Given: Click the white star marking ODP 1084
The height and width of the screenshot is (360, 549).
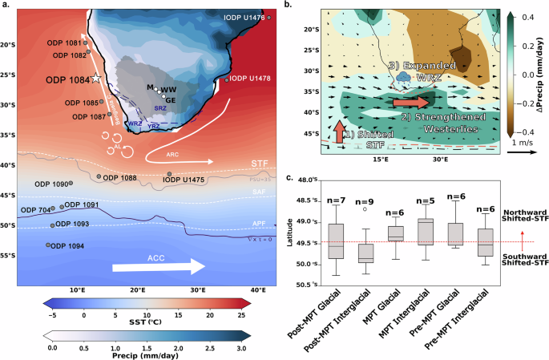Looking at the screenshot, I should click(x=95, y=78).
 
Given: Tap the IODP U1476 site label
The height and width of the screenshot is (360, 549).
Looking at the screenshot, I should click(x=244, y=17).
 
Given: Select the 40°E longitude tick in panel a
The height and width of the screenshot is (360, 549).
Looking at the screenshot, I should click(x=258, y=289).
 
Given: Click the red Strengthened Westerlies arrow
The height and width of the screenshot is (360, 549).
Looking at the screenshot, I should click(x=410, y=103).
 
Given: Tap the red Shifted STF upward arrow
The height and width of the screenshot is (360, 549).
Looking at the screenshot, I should click(x=341, y=129).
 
